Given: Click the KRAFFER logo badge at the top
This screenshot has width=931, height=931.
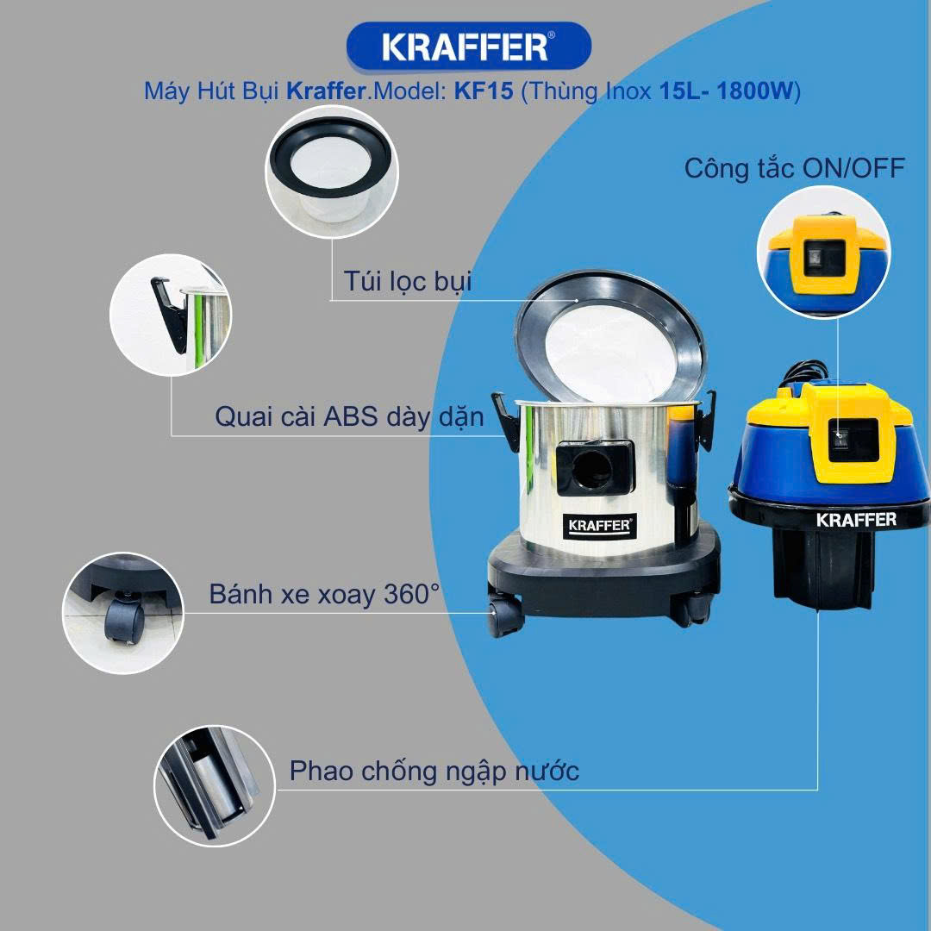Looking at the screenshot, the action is pos(468,47).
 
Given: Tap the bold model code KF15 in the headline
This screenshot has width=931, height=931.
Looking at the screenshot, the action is pos(484,91).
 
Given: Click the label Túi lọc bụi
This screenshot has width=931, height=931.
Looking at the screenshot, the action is pos(407,281).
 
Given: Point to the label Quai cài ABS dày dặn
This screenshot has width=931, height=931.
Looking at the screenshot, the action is pos(349,417).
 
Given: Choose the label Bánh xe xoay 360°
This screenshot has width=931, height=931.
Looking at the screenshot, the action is pos(324,594).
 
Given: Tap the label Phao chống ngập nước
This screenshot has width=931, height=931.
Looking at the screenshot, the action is pos(434,772).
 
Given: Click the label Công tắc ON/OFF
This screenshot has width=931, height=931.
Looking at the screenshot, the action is pos(795,169).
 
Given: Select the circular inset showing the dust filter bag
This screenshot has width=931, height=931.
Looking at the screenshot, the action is pos(332,172).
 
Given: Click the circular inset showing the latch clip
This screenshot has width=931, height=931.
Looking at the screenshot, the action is pos(171,316).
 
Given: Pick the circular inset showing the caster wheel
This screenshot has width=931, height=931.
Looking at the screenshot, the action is pos(123,614).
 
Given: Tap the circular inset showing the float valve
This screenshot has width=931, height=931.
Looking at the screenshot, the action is pos(215,785).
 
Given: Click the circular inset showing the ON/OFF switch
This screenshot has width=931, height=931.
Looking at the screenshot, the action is pos(824,252).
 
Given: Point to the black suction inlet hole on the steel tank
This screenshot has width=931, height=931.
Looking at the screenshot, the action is pos(593,469).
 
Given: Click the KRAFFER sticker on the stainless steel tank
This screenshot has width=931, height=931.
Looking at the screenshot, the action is pos(599,526).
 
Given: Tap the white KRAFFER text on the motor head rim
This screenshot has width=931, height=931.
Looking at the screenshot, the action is pos(856,520).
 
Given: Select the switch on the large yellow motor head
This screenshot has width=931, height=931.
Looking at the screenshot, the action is pos(840,440).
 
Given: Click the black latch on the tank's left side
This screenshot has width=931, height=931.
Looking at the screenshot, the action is pos(507,422).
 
